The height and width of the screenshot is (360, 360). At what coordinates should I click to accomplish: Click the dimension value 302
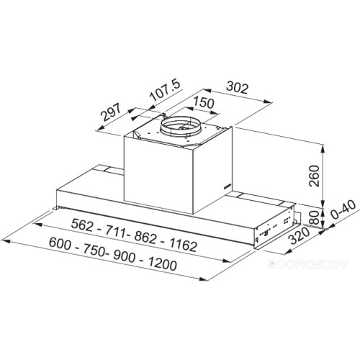pos(238,89)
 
